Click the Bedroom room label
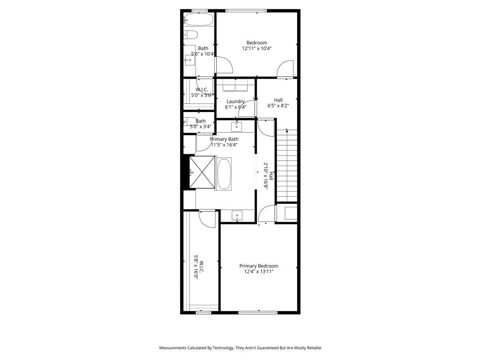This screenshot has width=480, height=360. coord(256,43)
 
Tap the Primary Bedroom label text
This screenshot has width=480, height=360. coord(258,266)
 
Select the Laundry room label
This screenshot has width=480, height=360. coord(235,101)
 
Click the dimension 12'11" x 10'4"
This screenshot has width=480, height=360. coord(257,48)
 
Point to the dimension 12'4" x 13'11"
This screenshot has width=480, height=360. coord(258,271)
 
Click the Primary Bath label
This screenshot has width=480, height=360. coord(224,139)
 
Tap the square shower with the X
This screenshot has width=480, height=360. coord(202,172)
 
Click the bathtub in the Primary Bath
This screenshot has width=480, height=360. coord(224,174)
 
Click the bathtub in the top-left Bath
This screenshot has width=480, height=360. coord(199,20)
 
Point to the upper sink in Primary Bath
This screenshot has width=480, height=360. coord(236,127)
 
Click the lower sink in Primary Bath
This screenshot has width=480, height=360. coord(237,216)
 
